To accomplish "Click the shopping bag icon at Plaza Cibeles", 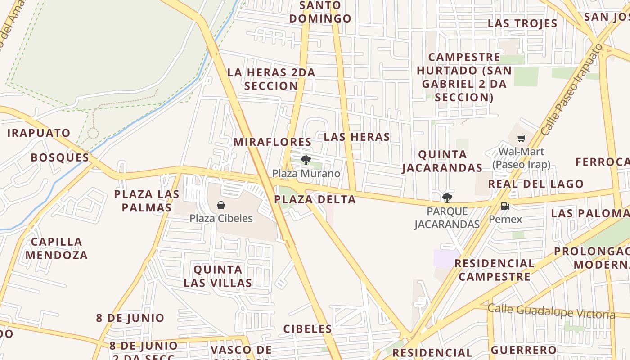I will pyautogui.click(x=221, y=206).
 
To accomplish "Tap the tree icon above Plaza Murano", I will pyautogui.click(x=306, y=160).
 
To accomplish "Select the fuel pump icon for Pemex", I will pyautogui.click(x=505, y=206).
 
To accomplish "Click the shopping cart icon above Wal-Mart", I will pyautogui.click(x=521, y=139).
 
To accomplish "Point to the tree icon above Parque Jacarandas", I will pyautogui.click(x=447, y=198).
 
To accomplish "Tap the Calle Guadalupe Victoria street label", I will pyautogui.click(x=551, y=311).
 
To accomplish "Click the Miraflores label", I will pyautogui.click(x=272, y=142).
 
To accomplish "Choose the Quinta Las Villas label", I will pyautogui.click(x=218, y=276).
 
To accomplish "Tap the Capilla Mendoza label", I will pyautogui.click(x=57, y=248).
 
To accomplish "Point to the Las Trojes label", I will pyautogui.click(x=522, y=23).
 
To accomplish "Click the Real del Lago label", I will pyautogui.click(x=535, y=184).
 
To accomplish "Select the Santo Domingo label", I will pyautogui.click(x=320, y=12).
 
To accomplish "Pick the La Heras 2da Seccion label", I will pyautogui.click(x=271, y=79).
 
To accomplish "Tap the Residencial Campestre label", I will pyautogui.click(x=495, y=270).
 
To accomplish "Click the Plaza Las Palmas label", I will pyautogui.click(x=147, y=201).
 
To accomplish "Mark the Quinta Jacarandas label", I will pyautogui.click(x=442, y=161).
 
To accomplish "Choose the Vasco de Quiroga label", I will pyautogui.click(x=241, y=351).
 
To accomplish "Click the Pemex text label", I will pyautogui.click(x=505, y=220).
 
